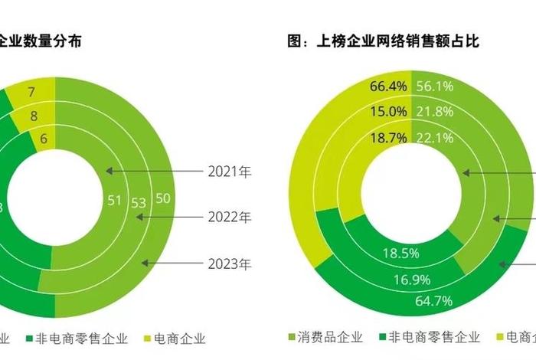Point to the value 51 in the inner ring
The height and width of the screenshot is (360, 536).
[x=115, y=201]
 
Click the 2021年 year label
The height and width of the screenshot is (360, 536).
[x=229, y=171]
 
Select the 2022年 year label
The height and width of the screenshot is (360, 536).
[x=229, y=218]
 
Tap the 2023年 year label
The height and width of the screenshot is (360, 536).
[x=229, y=264]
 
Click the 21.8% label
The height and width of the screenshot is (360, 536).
[x=435, y=112]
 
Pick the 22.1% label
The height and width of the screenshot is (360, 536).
[x=435, y=137]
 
